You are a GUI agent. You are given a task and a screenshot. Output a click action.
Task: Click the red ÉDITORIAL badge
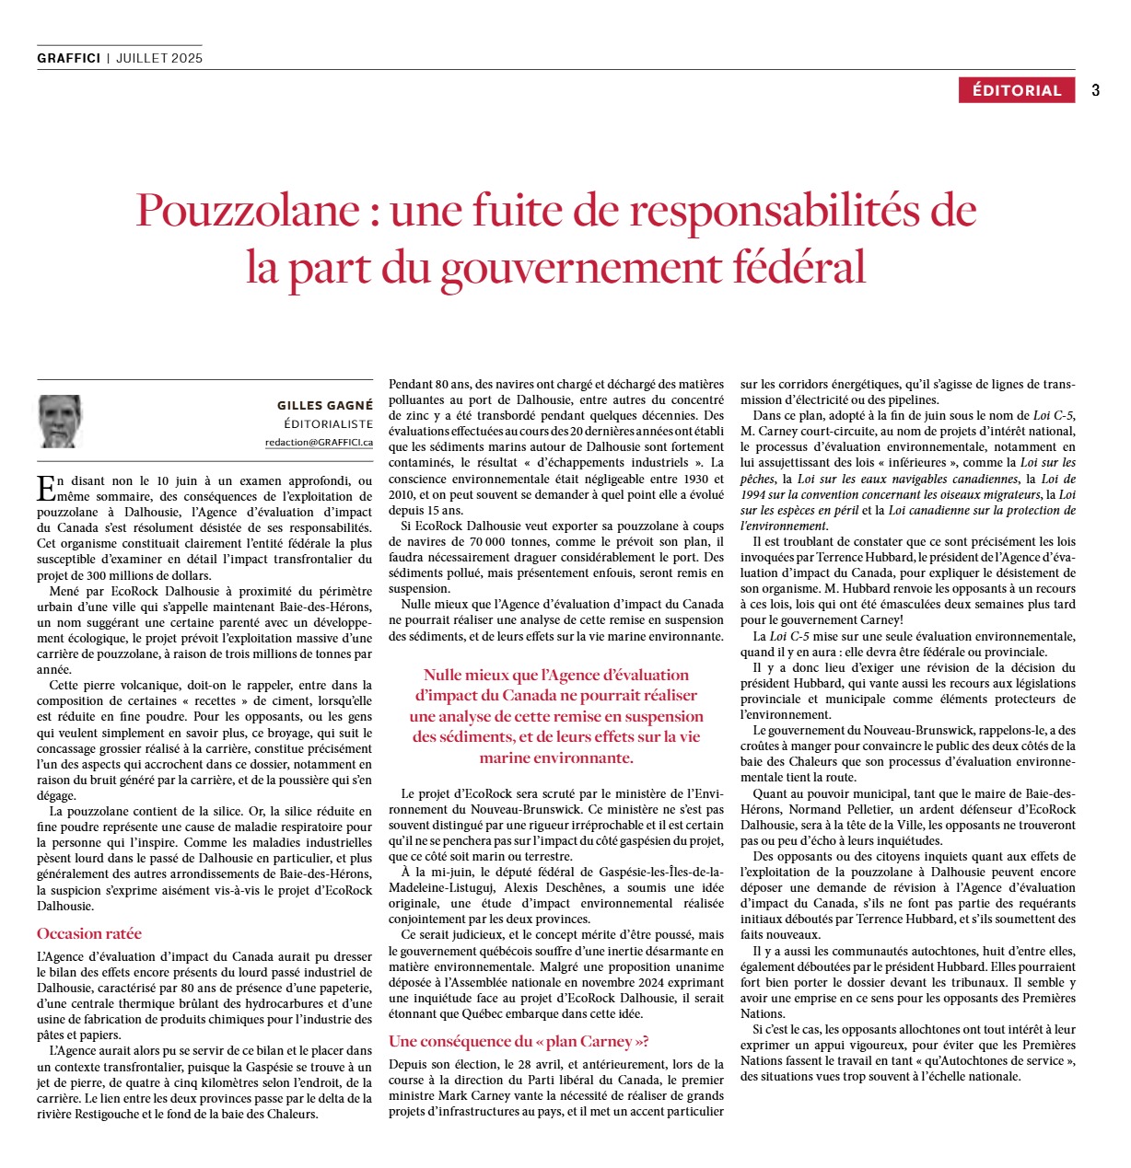1017,90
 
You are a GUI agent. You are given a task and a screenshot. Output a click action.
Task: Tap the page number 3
1095,90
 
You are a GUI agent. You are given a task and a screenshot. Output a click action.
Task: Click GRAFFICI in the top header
68,58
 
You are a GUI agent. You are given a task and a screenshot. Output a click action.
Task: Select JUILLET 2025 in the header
159,58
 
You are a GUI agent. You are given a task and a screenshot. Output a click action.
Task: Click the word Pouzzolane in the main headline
247,210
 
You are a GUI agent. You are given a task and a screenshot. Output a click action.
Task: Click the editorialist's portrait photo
61,422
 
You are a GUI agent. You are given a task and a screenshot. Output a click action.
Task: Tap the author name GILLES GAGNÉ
325,405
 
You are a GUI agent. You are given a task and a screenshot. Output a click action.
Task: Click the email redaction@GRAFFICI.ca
319,442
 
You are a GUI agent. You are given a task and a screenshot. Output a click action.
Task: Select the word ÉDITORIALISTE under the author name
329,424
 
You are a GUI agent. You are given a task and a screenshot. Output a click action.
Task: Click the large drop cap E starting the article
45,487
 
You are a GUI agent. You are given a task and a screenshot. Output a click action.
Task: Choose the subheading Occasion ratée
89,933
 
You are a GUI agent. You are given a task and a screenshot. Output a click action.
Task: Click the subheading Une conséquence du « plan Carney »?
519,1041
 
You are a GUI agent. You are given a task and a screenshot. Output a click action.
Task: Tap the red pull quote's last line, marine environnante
555,757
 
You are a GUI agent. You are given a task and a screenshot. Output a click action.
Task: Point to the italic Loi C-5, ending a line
1053,415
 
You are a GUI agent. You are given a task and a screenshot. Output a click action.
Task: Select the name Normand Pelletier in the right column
835,809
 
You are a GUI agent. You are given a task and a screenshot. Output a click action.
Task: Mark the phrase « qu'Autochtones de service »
993,1060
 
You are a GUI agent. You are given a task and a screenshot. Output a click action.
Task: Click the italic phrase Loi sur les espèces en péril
799,510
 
